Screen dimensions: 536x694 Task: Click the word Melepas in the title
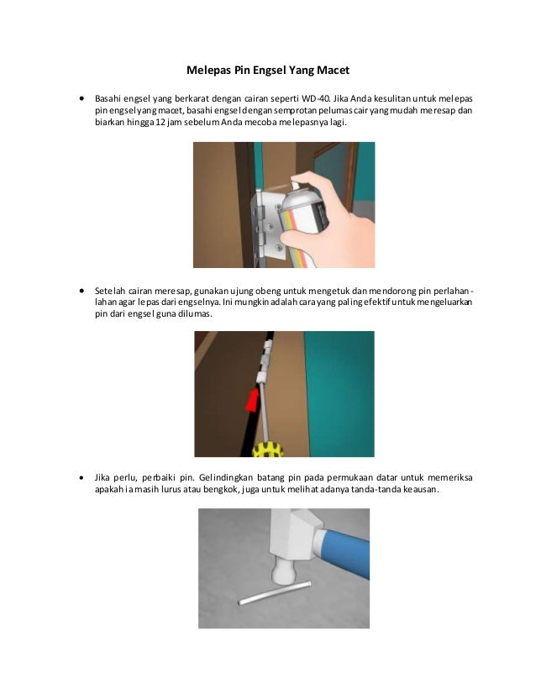coord(205,71)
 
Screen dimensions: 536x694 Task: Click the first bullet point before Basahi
coord(81,98)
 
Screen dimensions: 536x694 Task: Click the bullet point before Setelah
coord(81,291)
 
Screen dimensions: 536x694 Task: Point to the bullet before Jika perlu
coord(81,477)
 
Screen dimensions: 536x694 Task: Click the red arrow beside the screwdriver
coord(253,399)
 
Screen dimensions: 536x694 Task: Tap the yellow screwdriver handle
coord(267,449)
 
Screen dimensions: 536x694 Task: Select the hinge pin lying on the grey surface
coord(275,594)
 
